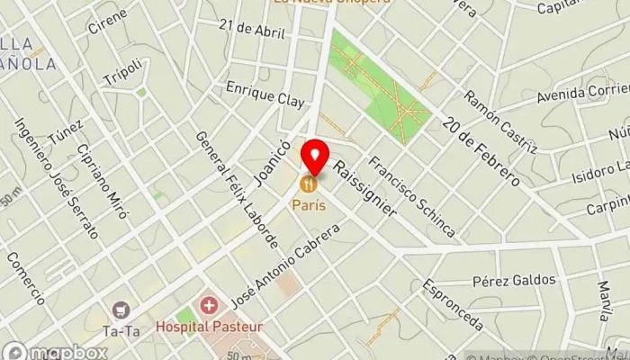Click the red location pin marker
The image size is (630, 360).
coord(315,157)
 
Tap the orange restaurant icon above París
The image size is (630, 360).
coord(308,184)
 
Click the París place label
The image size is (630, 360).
coord(308,205)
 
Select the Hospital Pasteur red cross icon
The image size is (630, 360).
coord(210,307)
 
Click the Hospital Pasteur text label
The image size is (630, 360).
coord(209,326)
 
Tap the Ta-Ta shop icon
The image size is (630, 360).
coord(121,310)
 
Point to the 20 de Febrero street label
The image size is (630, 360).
coord(482,148)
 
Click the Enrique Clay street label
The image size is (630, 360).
coord(265,94)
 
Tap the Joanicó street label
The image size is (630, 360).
coord(273,162)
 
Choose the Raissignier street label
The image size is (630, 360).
coord(364,188)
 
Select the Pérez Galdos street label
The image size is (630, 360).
coord(514,280)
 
